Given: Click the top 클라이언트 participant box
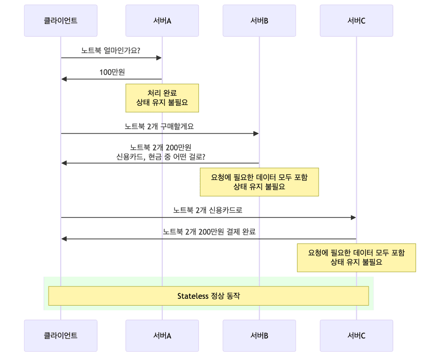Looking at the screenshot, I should pyautogui.click(x=61, y=21).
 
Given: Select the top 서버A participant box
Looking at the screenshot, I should pyautogui.click(x=162, y=21).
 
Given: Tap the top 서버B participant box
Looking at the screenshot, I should pyautogui.click(x=259, y=21).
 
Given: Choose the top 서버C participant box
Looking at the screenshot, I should pyautogui.click(x=356, y=21).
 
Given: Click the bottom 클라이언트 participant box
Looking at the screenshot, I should pyautogui.click(x=61, y=336).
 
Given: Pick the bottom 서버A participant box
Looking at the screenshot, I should pyautogui.click(x=162, y=336).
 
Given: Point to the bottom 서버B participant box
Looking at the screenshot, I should pyautogui.click(x=259, y=336).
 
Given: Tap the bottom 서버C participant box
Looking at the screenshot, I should pyautogui.click(x=356, y=336).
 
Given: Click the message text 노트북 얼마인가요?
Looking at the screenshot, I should pyautogui.click(x=111, y=50).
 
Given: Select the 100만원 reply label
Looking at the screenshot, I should pyautogui.click(x=112, y=72).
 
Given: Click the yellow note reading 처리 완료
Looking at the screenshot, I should pyautogui.click(x=162, y=97).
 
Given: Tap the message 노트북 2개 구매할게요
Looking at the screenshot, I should pyautogui.click(x=159, y=126).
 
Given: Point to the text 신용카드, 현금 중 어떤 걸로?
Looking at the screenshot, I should pyautogui.click(x=160, y=157).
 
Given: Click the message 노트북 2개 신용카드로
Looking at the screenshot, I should pyautogui.click(x=208, y=210).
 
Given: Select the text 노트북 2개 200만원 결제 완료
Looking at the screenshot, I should pyautogui.click(x=209, y=232).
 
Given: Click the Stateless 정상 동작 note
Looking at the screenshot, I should pyautogui.click(x=208, y=296).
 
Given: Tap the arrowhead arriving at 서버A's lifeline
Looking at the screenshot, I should pyautogui.click(x=159, y=58).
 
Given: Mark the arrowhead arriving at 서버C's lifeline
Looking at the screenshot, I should pyautogui.click(x=353, y=217).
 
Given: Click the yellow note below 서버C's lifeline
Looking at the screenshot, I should pyautogui.click(x=356, y=258).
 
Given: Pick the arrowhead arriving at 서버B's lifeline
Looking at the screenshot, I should pyautogui.click(x=256, y=133).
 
